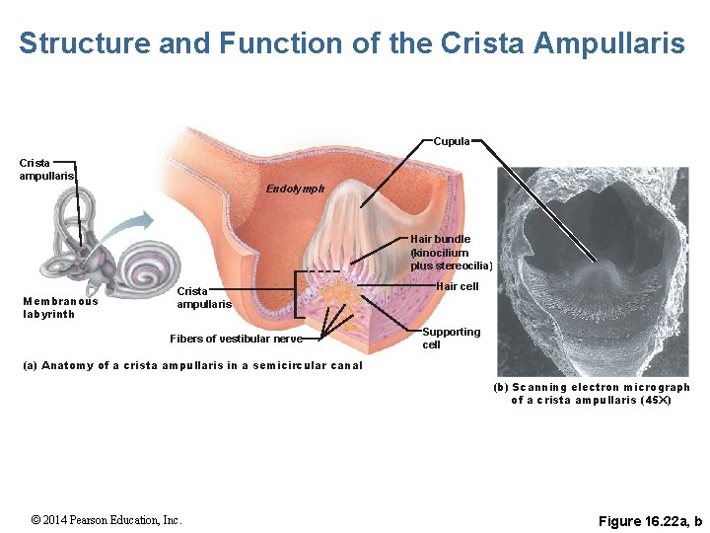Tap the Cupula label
point(451,141)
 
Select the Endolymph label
point(295,189)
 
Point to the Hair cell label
point(457,286)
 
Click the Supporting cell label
point(451,339)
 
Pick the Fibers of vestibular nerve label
point(236,339)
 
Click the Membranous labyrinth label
point(60,308)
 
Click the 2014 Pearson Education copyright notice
point(106,520)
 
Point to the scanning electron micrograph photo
point(592,266)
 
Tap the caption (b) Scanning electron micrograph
point(591,393)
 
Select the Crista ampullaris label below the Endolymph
point(205,297)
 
